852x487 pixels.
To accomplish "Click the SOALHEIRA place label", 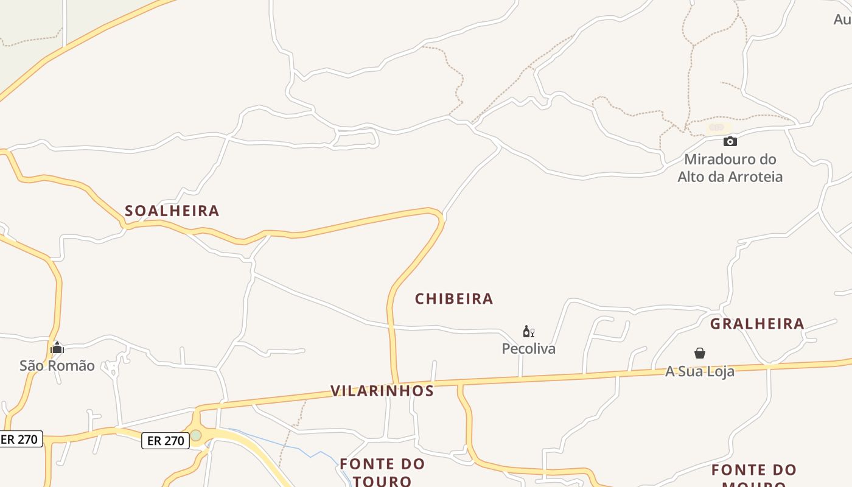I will pos(172,211).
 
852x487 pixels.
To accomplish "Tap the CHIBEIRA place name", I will pos(454,299).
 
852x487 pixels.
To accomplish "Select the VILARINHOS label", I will pos(382,391).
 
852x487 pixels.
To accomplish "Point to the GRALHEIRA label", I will pos(757,323).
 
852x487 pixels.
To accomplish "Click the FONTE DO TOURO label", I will pos(382,472).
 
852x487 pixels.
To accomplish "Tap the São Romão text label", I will pos(57,366).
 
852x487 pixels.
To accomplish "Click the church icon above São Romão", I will pos(57,348).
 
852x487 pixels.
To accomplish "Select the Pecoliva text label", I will pos(528,349).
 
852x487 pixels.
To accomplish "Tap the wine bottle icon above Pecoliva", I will pos(528,332).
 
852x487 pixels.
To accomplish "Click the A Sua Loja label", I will pos(700,371).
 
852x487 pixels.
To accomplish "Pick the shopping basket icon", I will pos(700,353).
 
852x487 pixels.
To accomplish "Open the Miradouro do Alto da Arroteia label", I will pos(730,168).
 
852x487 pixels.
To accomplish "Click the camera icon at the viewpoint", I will pos(730,142).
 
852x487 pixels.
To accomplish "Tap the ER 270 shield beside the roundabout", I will pos(166,441).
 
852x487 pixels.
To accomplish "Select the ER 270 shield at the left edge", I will pos(20,439).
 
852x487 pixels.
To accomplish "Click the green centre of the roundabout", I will pos(196,435).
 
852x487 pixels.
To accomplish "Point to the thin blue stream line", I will pos(298,449).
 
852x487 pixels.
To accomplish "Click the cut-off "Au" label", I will pos(842,19).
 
